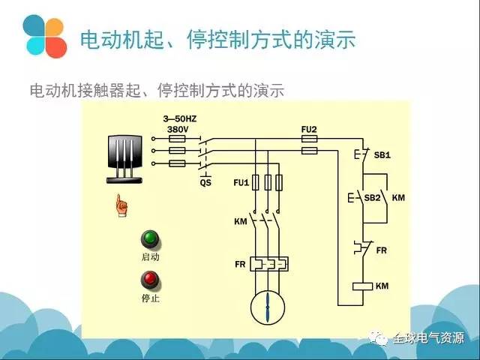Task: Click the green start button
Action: (151, 239)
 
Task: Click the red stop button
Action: (151, 280)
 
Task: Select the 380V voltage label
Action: (177, 129)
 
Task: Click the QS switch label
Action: (205, 182)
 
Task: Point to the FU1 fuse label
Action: (241, 182)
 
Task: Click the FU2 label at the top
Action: (309, 129)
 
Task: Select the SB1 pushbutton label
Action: (382, 155)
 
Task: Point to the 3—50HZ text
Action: (180, 119)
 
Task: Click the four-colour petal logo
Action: (44, 35)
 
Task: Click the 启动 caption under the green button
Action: (151, 257)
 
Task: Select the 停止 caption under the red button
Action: (151, 298)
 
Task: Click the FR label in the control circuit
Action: (381, 250)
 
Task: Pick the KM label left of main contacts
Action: (240, 222)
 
